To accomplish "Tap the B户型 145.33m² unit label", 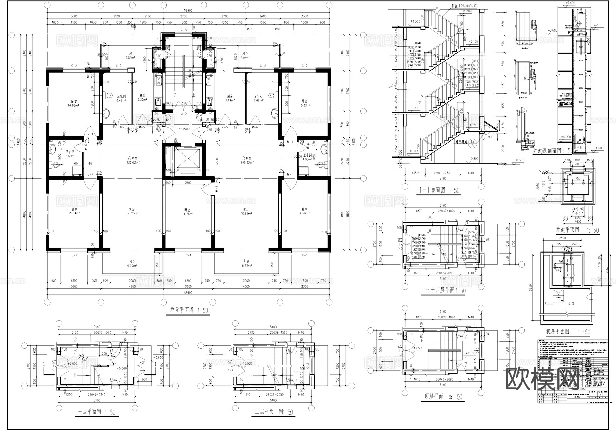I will [246, 160].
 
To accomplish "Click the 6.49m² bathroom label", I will [121, 99].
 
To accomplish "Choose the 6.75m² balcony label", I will [246, 263].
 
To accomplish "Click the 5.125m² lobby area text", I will [184, 129].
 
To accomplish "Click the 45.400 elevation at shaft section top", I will [568, 3].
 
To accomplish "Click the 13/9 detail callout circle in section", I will [472, 143].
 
